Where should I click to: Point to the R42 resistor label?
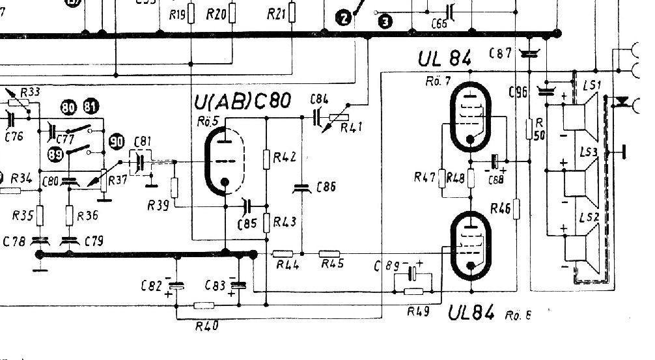click(285, 157)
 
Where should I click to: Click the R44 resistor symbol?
click(283, 253)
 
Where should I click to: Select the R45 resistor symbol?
click(331, 253)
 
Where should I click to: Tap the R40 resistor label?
click(206, 325)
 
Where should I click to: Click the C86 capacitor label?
click(326, 187)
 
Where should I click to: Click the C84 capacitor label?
click(319, 99)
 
